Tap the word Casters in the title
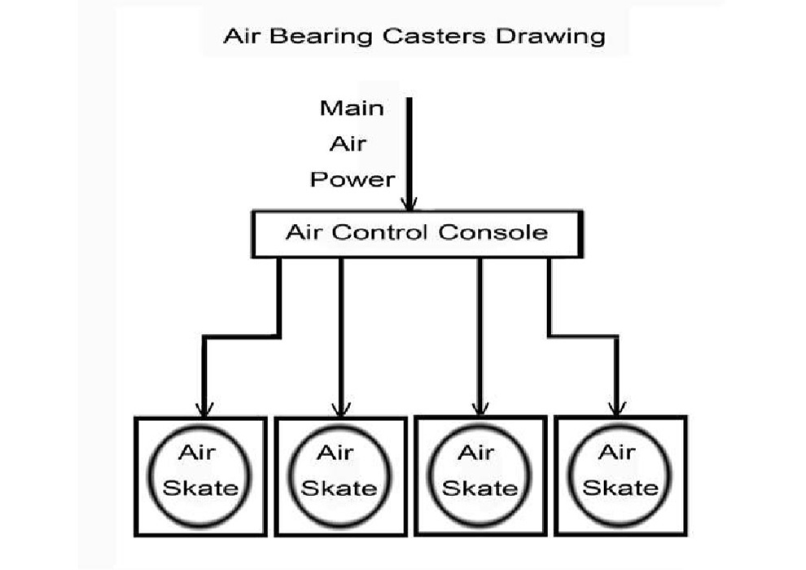point(434,36)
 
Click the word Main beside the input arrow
point(352,108)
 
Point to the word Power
point(353,179)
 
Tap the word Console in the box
point(493,232)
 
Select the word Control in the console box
point(379,232)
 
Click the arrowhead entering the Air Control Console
point(410,204)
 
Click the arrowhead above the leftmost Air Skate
point(204,409)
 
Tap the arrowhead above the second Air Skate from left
point(341,409)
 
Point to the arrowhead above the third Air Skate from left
point(480,408)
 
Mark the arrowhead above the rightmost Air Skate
point(617,408)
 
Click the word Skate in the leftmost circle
point(200,488)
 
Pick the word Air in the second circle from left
point(335,453)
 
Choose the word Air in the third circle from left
point(476,453)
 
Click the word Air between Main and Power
point(348,144)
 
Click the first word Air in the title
point(241,37)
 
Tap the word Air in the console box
point(304,232)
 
